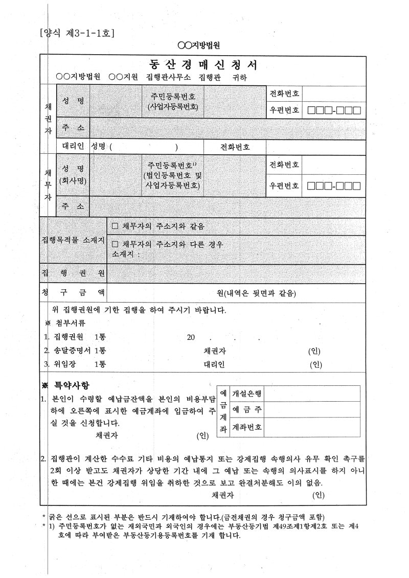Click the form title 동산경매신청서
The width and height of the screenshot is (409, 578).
(203, 65)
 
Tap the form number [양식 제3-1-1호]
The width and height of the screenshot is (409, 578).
(77, 34)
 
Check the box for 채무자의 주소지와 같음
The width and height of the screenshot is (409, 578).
(115, 226)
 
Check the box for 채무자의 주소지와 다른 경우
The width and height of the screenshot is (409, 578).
(115, 244)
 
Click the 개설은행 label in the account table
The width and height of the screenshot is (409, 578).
(247, 394)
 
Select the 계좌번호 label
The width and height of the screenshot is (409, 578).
(247, 427)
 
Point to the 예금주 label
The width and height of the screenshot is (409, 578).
(247, 410)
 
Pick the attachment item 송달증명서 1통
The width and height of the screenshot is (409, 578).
(80, 351)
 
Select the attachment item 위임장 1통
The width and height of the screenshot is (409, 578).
(80, 364)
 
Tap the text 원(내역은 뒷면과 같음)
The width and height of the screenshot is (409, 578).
(257, 293)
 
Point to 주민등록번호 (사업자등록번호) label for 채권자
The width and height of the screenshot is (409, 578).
(173, 102)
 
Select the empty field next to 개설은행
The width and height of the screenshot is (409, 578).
(313, 394)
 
